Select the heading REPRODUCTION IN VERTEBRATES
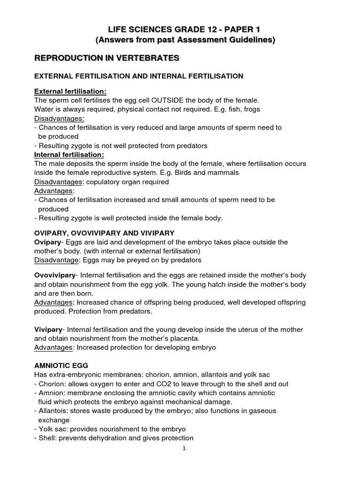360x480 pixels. (107, 58)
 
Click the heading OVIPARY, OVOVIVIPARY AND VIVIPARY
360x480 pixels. (105, 233)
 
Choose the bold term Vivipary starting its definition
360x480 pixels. (48, 330)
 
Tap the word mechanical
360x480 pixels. (186, 402)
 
